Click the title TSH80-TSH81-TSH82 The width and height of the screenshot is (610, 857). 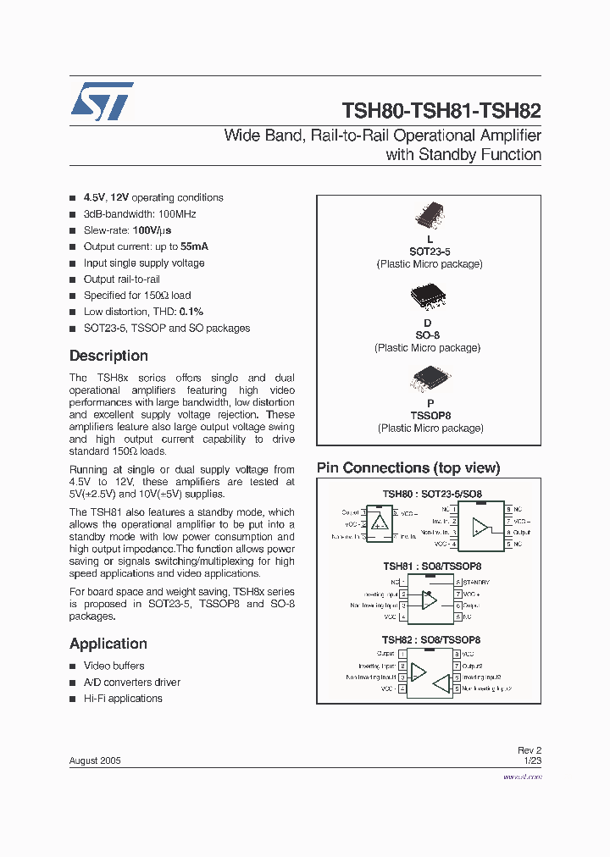(441, 111)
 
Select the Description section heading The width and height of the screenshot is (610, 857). (108, 356)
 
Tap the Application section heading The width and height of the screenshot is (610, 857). (108, 644)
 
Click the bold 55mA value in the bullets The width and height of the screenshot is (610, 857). (194, 246)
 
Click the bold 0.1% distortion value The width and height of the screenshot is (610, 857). (191, 312)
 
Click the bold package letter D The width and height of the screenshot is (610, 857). (428, 323)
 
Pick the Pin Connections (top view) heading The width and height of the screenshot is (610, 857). (408, 468)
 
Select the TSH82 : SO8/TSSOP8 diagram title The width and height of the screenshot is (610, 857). (431, 640)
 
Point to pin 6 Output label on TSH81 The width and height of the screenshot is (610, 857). (472, 605)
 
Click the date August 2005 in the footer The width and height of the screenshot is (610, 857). (95, 760)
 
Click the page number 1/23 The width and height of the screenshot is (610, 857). (532, 760)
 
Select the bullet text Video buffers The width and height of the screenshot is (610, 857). (114, 666)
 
